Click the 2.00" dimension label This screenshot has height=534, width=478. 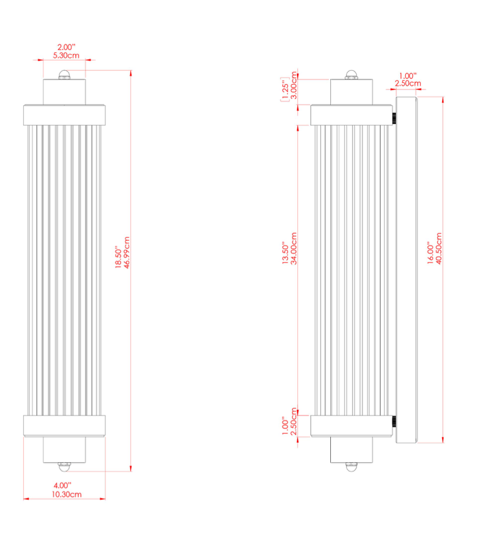click(66, 47)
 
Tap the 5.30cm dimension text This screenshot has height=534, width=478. click(66, 55)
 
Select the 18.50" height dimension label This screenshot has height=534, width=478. click(118, 257)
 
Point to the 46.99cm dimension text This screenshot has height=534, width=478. click(127, 253)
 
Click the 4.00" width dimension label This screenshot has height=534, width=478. click(62, 486)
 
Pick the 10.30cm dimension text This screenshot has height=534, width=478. click(66, 494)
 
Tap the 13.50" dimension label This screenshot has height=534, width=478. click(285, 253)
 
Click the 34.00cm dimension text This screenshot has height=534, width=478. click(294, 249)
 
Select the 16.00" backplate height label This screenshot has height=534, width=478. click(430, 253)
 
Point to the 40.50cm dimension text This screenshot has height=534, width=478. click(439, 249)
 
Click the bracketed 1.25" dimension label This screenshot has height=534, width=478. click(285, 89)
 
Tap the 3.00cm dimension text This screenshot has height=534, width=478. click(294, 85)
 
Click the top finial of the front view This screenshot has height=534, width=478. click(64, 75)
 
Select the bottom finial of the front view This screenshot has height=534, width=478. click(64, 467)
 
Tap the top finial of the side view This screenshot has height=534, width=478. click(352, 75)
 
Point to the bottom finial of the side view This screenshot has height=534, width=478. click(352, 467)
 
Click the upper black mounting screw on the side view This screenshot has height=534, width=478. click(394, 119)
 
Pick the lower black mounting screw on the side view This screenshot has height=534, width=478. click(394, 422)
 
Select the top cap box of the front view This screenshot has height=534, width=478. click(64, 92)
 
